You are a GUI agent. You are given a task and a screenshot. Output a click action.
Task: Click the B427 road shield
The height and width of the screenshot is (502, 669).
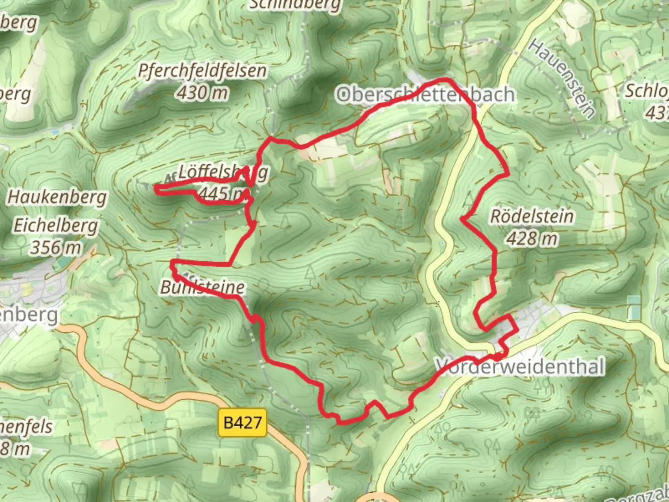tap(243, 423)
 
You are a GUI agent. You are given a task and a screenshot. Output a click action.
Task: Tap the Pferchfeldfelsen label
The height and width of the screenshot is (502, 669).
tap(203, 71)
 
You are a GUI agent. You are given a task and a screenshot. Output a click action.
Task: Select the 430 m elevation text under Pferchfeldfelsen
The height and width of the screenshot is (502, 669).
tap(202, 92)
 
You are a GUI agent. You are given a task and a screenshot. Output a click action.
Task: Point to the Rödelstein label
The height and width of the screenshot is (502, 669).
tap(532, 216)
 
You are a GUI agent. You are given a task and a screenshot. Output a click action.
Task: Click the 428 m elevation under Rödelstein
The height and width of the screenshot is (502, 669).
tap(532, 238)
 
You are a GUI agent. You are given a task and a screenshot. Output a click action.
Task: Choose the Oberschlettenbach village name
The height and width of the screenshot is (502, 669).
tap(426, 94)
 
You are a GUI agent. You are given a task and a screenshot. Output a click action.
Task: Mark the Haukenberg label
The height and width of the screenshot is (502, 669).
tap(57, 197)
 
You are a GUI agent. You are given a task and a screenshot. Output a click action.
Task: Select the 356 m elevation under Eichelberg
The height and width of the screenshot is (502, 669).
tap(56, 247)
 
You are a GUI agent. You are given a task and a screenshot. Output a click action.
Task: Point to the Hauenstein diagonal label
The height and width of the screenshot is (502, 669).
tap(562, 79)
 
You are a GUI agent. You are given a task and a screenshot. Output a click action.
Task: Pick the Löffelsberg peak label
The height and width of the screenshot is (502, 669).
tap(223, 172)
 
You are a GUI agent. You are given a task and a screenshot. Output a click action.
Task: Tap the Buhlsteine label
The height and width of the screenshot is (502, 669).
tap(203, 287)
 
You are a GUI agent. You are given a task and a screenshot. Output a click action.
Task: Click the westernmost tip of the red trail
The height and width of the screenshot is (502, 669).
tap(155, 188)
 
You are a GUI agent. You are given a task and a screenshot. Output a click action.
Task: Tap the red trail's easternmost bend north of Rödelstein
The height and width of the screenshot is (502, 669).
tap(508, 174)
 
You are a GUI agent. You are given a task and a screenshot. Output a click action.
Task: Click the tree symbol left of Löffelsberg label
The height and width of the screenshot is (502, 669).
tap(142, 150)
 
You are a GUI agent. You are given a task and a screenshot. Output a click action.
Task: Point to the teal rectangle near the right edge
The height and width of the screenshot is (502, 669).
tap(633, 307)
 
